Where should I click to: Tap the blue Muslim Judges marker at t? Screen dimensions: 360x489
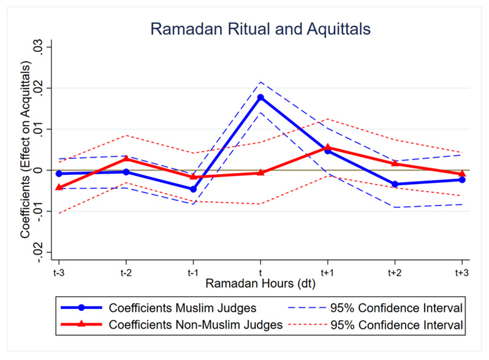coord(260,98)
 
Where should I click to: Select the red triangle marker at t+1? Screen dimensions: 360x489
coord(328,147)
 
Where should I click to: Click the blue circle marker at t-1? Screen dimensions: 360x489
coord(193,189)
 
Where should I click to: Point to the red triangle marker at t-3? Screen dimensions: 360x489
coord(59,187)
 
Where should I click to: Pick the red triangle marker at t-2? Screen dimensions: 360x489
coord(126,159)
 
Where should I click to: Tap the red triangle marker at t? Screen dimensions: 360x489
coord(260,173)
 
